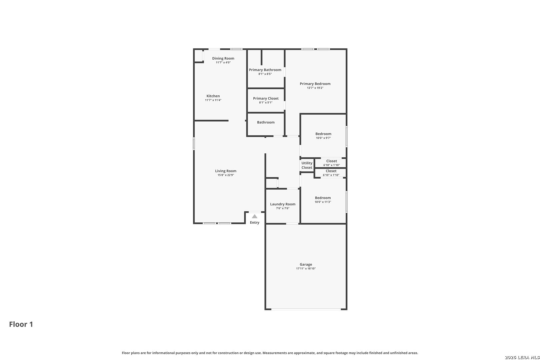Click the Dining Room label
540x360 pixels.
pos(223,58)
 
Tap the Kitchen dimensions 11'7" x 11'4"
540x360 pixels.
pos(213,100)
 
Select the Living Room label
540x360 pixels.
pos(226,171)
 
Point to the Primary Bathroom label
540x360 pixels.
pos(265,70)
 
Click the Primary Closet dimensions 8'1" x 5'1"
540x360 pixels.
pos(266,102)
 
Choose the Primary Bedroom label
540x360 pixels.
pos(315,84)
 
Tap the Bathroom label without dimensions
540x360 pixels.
pos(266,122)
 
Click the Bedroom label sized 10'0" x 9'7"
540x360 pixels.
pos(323,134)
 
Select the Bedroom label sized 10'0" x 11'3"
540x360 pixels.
pos(323,198)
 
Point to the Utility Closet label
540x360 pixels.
pos(307,165)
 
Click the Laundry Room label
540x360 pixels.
pos(283,204)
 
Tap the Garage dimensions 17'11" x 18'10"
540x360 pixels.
pos(306,269)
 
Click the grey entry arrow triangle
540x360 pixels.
pos(255,217)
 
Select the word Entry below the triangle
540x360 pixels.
pos(255,223)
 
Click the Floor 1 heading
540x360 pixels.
pos(21,324)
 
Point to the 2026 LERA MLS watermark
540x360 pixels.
pos(522,357)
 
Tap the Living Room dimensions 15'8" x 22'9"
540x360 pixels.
pos(226,175)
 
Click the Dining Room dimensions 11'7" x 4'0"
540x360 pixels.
pos(223,62)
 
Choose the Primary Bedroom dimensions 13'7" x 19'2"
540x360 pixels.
pos(315,88)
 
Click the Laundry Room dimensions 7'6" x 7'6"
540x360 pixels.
pos(283,208)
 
